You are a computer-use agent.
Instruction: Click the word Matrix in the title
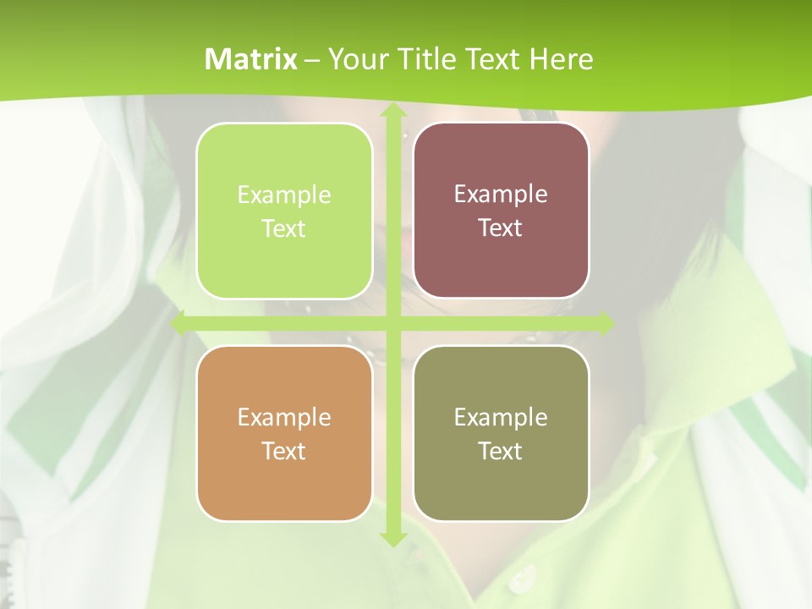coord(251,59)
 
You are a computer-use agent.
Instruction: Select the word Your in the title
coord(358,59)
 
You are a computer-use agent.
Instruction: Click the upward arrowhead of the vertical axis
coord(392,112)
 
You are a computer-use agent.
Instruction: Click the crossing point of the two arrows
coord(392,323)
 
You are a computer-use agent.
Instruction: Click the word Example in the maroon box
coord(501,195)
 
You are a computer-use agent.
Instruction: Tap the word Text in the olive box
coord(501,452)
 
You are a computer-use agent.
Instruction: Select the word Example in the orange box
coord(284,418)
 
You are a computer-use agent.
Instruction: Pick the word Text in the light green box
coord(284,229)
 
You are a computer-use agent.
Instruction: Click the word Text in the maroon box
coord(501,228)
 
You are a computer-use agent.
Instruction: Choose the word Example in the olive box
coord(501,418)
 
